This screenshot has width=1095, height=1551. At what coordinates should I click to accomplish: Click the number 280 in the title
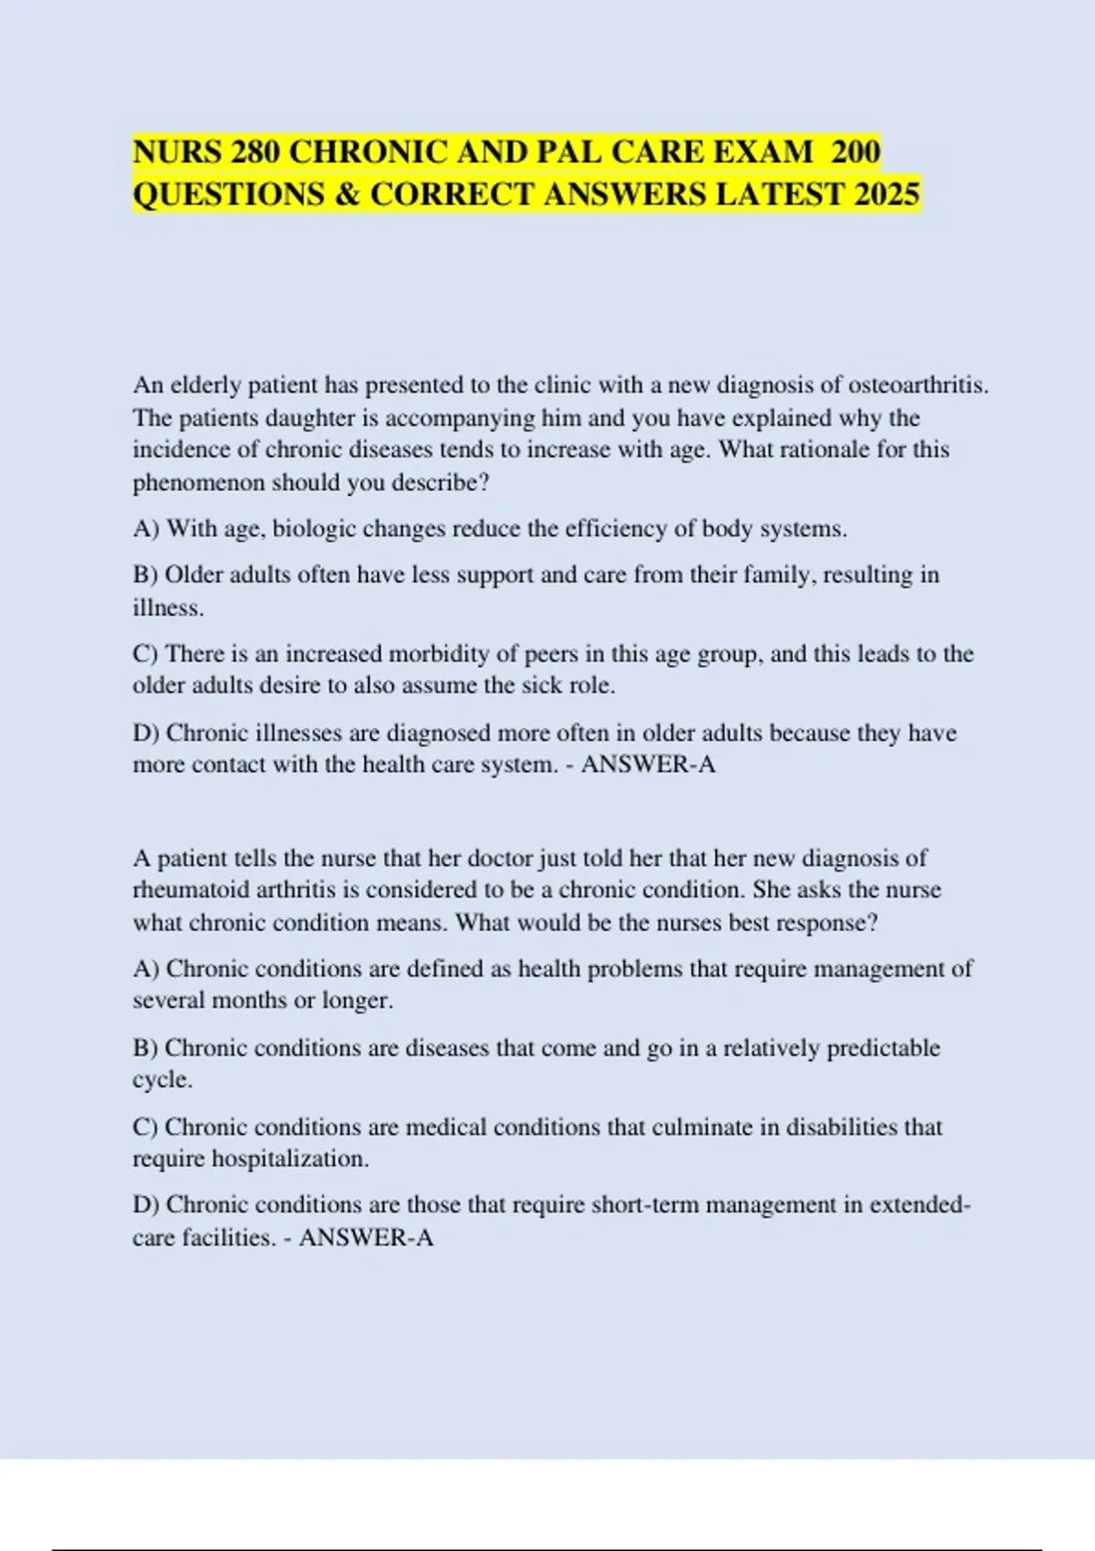(255, 151)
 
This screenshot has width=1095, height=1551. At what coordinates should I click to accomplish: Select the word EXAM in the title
(761, 151)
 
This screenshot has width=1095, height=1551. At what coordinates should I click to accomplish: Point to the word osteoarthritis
(918, 385)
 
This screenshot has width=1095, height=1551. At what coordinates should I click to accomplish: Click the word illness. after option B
(168, 608)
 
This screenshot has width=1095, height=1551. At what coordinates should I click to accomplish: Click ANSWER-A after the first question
(648, 765)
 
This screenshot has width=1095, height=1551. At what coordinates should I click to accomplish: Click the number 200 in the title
(856, 151)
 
